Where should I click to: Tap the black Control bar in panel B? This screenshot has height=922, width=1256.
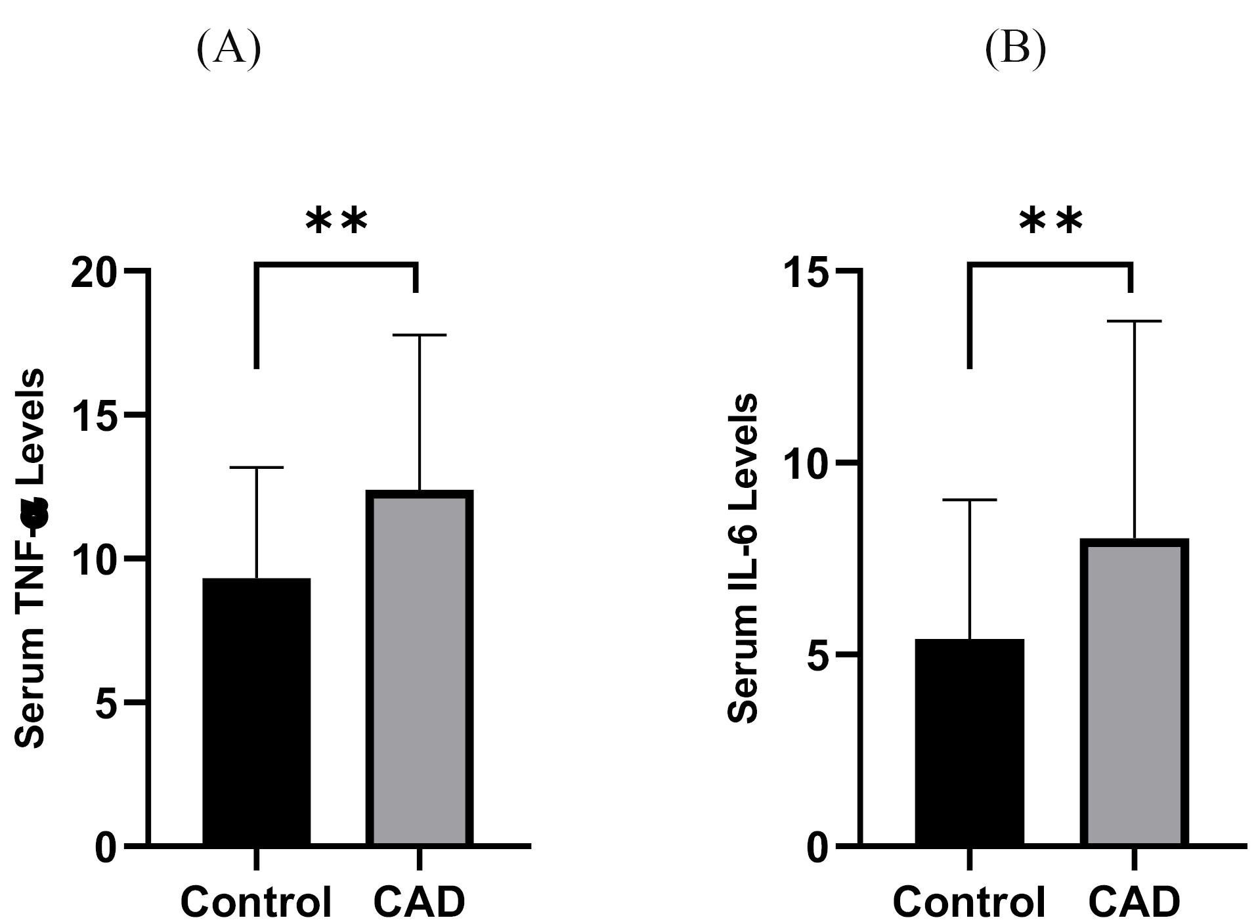click(969, 742)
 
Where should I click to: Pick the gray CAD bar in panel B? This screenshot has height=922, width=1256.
click(1134, 692)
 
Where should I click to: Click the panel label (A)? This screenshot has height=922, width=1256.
click(228, 49)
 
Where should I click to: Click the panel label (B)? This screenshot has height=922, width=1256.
click(1015, 49)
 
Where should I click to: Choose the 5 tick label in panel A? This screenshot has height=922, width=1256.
click(108, 703)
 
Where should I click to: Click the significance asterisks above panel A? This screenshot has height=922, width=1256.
click(336, 222)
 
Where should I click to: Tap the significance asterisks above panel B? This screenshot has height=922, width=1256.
click(1050, 222)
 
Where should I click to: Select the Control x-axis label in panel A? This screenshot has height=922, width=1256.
click(256, 902)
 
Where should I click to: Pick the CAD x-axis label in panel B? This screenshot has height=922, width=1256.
click(1134, 902)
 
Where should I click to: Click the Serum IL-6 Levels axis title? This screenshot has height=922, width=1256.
click(744, 558)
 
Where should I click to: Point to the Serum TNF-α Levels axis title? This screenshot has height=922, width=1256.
click(30, 558)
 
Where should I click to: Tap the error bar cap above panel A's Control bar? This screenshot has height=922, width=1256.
click(256, 468)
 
